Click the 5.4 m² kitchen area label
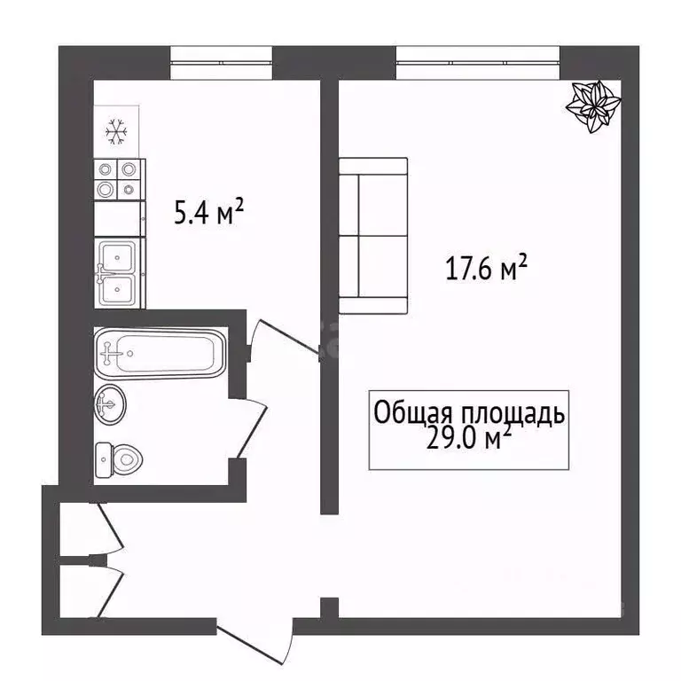(x=208, y=213)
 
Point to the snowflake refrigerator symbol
(x=116, y=132)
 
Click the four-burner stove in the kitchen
(x=119, y=177)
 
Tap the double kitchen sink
(x=118, y=273)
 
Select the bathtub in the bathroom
(x=160, y=354)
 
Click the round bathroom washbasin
(x=109, y=405)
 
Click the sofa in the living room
(x=373, y=236)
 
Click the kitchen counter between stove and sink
(x=119, y=218)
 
